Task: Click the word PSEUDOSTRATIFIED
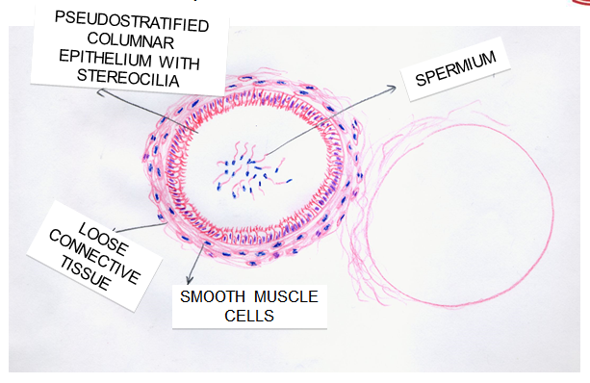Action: [x=132, y=21]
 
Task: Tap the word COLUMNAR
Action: [x=131, y=40]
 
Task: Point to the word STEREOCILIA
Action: [x=128, y=78]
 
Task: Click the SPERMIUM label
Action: [x=455, y=69]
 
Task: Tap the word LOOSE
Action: [x=103, y=239]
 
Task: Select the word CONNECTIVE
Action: [x=94, y=257]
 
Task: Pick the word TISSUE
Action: [x=86, y=273]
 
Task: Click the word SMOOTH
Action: [x=213, y=296]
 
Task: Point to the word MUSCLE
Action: [x=287, y=296]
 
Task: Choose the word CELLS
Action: [x=249, y=316]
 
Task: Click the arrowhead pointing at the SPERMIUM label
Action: [x=392, y=89]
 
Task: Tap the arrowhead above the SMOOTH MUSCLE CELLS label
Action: [x=190, y=280]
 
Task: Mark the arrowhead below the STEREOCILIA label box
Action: [x=101, y=91]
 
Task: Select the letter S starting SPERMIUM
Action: [x=421, y=80]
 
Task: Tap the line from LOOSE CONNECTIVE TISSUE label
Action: [x=140, y=227]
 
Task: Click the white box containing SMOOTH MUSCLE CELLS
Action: [x=249, y=307]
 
